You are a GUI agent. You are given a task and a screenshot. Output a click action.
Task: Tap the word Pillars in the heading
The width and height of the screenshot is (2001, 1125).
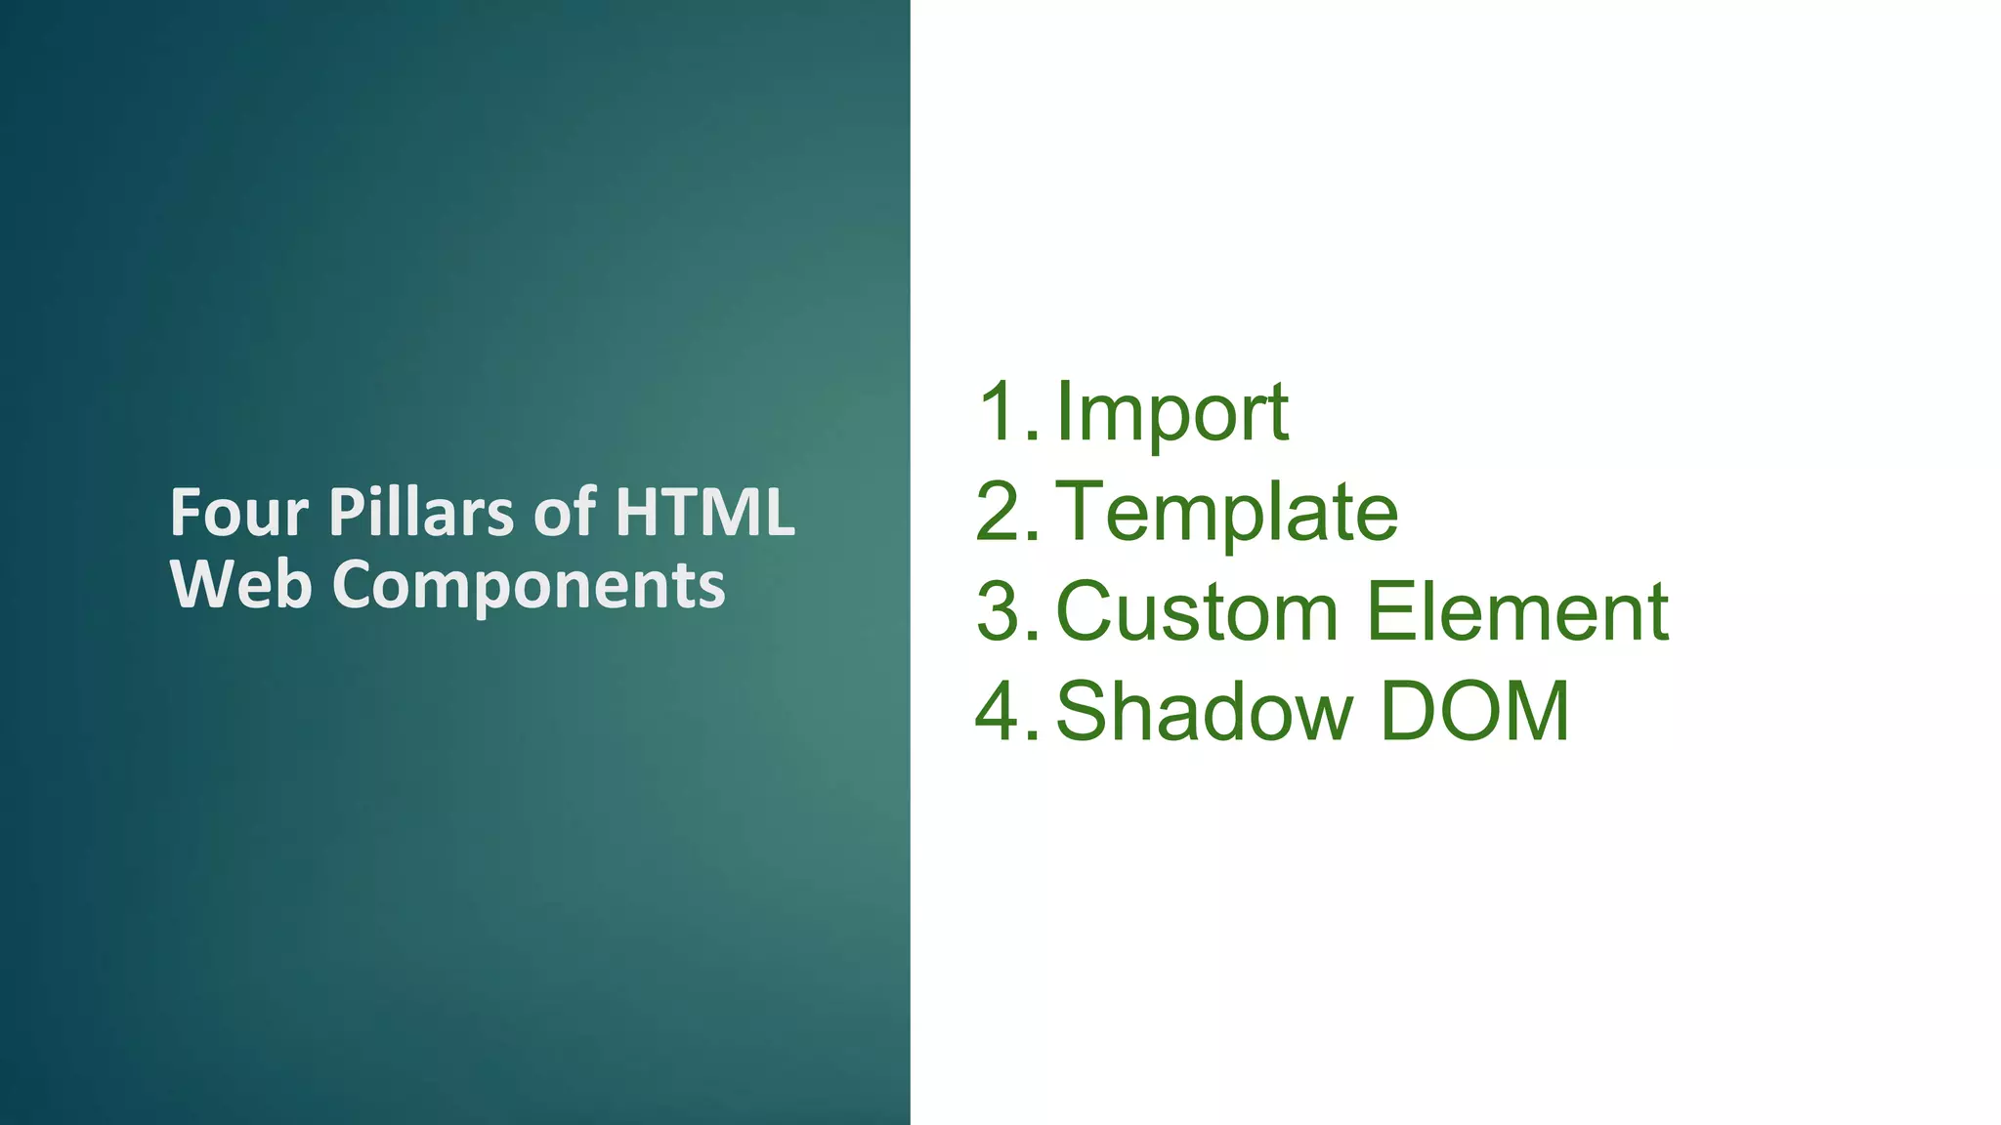[x=421, y=513]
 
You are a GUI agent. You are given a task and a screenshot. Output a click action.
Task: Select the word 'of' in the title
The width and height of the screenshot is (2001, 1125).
[x=565, y=513]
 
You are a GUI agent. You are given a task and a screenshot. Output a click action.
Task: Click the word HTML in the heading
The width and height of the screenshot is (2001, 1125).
[x=704, y=513]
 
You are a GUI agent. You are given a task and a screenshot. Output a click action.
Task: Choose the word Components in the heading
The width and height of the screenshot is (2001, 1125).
[x=529, y=587]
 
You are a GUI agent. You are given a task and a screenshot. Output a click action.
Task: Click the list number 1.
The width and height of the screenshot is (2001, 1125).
[x=1000, y=412]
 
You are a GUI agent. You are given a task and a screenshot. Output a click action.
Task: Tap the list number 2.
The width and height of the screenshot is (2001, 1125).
[x=1000, y=512]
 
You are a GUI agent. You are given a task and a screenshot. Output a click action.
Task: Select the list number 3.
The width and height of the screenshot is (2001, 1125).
[x=1000, y=612]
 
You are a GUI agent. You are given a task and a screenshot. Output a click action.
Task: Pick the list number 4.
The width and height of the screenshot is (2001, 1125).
[x=1000, y=712]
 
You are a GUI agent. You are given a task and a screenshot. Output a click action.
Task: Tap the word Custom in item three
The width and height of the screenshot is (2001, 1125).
[x=1197, y=612]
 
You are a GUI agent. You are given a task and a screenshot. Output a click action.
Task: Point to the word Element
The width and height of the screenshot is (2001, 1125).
[x=1517, y=612]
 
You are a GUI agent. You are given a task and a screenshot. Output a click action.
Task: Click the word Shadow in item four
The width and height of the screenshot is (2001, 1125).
[x=1204, y=712]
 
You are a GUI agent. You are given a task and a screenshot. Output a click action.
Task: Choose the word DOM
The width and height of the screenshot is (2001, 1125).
[x=1474, y=712]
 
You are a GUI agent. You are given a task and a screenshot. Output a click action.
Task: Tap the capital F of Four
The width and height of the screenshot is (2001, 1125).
[x=185, y=513]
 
